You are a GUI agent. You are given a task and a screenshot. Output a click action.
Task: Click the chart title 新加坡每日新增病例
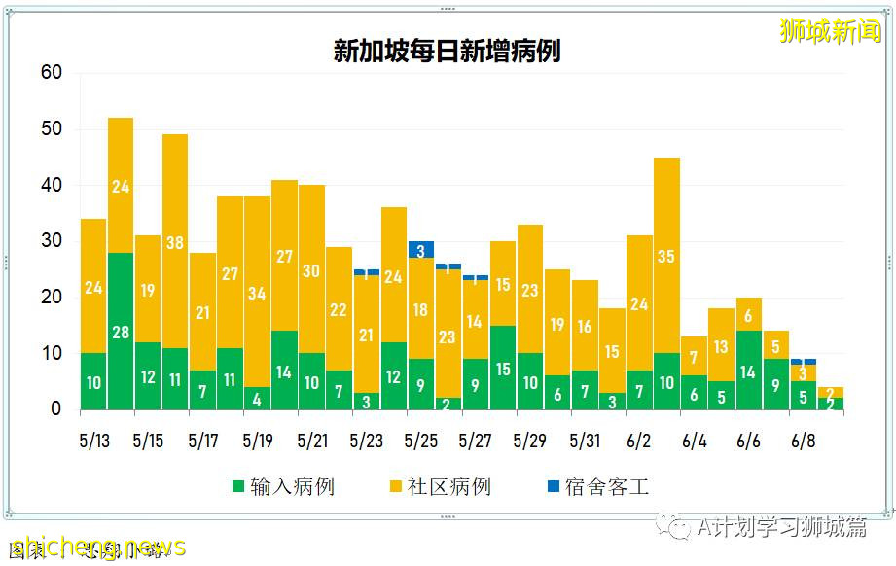447,51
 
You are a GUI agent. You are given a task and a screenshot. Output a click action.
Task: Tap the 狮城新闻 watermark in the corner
830,31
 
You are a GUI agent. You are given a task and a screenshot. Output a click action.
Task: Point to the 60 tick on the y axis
52,73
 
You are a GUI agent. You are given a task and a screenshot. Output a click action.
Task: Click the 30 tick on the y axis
52,241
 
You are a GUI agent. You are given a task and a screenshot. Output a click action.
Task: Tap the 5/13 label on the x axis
93,441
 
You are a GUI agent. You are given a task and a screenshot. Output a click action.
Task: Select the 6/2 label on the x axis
639,441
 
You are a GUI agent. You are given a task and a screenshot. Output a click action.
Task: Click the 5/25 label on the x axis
421,441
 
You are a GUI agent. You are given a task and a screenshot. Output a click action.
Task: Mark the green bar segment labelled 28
121,332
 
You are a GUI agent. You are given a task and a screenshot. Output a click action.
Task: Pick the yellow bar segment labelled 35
666,255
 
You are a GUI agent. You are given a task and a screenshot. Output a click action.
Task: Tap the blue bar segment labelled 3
421,249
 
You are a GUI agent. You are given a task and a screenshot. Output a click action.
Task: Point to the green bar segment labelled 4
257,399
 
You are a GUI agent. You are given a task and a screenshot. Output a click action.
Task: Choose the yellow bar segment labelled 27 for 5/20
284,256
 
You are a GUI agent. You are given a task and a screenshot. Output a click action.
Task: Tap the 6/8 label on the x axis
803,441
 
